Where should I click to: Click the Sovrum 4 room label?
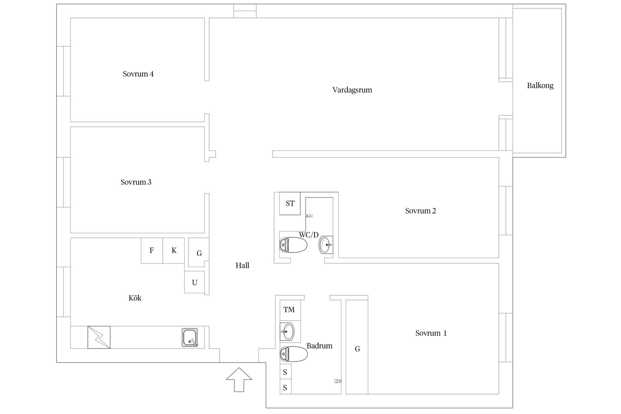tap(138, 74)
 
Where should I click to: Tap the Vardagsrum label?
tap(352, 90)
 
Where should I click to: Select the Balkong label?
tap(540, 86)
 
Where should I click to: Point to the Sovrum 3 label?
tap(136, 182)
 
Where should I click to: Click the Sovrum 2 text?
tap(420, 211)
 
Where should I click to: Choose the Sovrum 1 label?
tap(431, 333)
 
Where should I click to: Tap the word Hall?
tap(242, 266)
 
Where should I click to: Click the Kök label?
tap(135, 298)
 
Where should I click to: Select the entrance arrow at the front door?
tap(239, 380)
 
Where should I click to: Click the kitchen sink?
tap(190, 338)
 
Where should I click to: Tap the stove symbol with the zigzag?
tap(99, 337)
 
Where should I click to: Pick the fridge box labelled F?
tap(152, 251)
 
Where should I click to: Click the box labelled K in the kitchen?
tap(174, 251)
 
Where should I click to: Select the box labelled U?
tap(194, 282)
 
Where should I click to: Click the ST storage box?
tap(290, 203)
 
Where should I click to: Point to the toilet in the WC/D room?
tap(293, 245)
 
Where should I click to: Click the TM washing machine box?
tap(290, 310)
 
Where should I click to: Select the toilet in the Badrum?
tap(294, 354)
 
